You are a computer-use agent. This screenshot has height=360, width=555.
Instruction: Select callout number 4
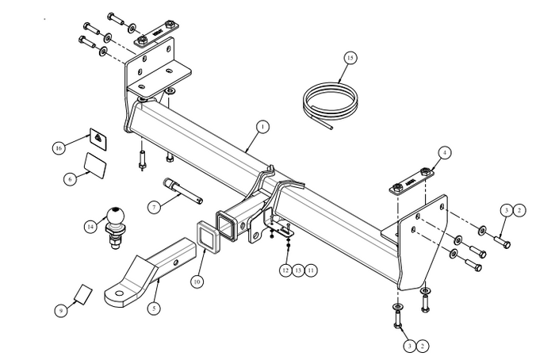pyautogui.click(x=443, y=152)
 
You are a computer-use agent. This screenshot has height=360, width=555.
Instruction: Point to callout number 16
pyautogui.click(x=59, y=147)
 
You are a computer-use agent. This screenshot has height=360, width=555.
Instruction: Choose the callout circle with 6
pyautogui.click(x=70, y=179)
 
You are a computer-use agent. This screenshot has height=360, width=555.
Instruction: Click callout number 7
pyautogui.click(x=155, y=206)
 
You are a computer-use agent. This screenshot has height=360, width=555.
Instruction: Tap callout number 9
pyautogui.click(x=60, y=311)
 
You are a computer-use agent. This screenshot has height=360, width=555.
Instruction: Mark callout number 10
pyautogui.click(x=197, y=280)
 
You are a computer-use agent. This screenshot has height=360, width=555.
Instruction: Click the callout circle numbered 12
pyautogui.click(x=285, y=270)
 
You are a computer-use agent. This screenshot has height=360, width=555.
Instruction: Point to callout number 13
pyautogui.click(x=298, y=270)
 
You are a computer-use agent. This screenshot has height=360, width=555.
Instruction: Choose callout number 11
pyautogui.click(x=311, y=270)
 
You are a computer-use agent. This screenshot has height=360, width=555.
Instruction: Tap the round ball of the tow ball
pyautogui.click(x=116, y=213)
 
